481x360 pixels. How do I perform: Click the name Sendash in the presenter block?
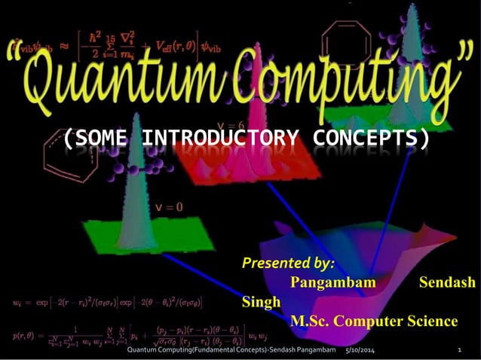[447, 282]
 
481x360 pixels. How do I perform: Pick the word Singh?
[261, 302]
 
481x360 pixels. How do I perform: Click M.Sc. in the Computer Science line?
[311, 321]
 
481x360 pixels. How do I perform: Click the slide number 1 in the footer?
[459, 351]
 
